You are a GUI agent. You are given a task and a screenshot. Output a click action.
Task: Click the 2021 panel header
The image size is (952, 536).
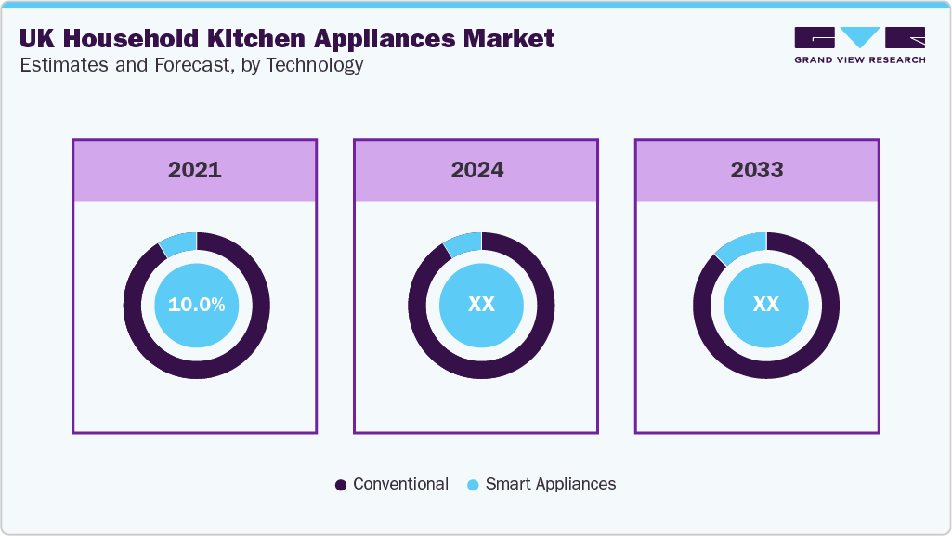click(194, 170)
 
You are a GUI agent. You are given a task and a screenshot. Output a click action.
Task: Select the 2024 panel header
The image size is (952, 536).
click(476, 170)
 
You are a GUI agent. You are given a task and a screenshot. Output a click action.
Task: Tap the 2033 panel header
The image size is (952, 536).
click(757, 170)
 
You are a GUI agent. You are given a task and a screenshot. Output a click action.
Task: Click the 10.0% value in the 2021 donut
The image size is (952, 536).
click(196, 305)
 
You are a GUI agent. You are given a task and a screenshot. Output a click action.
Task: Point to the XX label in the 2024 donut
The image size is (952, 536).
click(481, 305)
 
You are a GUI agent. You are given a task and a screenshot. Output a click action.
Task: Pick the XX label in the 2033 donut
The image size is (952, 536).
click(765, 305)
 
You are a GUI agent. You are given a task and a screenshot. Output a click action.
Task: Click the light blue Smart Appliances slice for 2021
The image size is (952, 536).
click(179, 242)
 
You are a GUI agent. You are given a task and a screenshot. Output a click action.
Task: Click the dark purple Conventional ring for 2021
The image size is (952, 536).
click(196, 369)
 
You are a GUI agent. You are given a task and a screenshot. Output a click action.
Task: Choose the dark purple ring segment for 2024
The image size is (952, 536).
click(481, 369)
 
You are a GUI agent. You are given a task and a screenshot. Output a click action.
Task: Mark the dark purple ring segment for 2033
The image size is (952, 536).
click(765, 369)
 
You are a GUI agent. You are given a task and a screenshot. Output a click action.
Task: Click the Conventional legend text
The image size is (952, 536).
click(400, 484)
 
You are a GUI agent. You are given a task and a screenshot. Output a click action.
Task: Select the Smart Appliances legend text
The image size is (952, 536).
click(550, 484)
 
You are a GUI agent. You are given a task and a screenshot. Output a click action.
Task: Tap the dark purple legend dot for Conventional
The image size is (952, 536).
click(341, 485)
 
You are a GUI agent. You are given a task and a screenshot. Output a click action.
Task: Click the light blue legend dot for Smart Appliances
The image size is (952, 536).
click(473, 485)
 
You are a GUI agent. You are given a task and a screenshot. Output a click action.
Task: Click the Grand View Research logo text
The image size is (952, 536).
click(859, 59)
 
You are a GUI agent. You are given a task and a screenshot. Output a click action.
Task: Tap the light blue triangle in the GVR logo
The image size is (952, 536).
click(860, 37)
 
